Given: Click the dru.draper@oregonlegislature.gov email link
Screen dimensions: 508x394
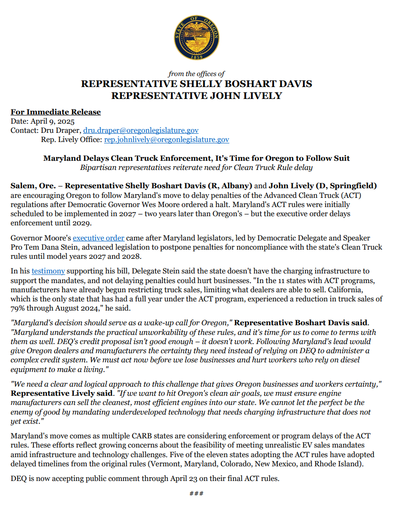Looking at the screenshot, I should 141,131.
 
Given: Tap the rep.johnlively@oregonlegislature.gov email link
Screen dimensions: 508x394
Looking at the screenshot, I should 167,140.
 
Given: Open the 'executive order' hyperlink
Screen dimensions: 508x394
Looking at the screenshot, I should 99,238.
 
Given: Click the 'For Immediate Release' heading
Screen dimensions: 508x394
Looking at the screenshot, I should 55,112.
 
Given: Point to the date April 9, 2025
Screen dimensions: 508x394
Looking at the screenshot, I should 51,121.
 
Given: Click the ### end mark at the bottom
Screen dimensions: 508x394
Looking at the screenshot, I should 196,493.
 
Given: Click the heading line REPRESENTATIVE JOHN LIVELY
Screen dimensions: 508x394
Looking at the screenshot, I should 196,96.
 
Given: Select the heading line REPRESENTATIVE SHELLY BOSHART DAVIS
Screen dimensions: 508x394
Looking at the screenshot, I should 196,84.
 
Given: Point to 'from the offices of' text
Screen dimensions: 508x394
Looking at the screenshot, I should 196,74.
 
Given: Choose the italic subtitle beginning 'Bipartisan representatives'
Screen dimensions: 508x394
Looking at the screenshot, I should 196,167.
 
